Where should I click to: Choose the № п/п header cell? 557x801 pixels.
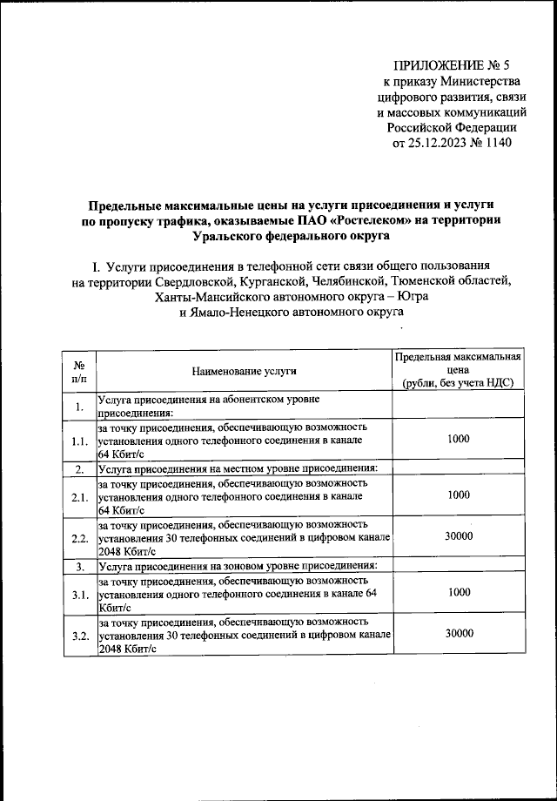[79, 372]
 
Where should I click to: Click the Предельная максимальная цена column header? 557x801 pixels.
[458, 371]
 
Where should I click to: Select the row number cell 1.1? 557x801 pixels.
[80, 441]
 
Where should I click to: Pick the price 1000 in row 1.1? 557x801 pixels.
[458, 440]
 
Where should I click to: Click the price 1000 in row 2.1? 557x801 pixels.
[458, 495]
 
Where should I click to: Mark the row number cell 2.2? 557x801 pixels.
[80, 538]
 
